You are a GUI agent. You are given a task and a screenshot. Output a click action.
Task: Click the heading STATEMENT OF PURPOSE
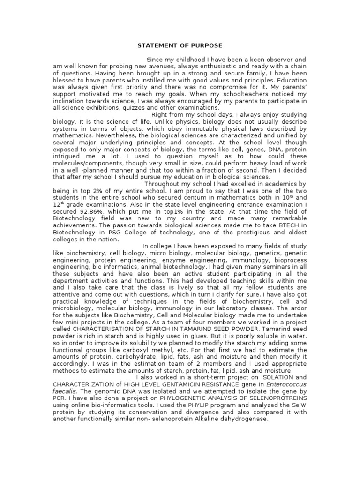click(x=180, y=45)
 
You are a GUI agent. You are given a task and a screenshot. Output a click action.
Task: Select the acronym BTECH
click(x=294, y=225)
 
